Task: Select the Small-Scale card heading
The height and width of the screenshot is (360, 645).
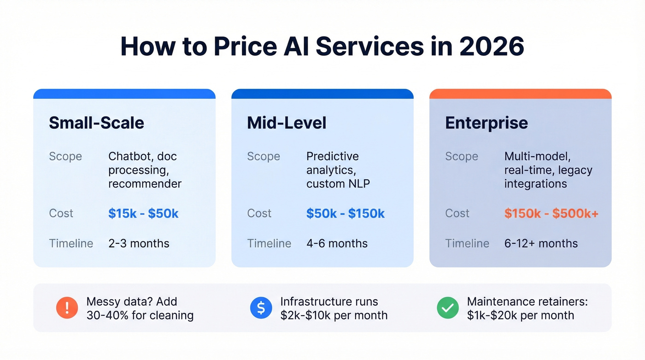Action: click(96, 123)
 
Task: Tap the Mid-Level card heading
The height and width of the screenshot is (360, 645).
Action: click(287, 123)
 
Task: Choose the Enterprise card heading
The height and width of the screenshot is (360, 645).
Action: click(487, 123)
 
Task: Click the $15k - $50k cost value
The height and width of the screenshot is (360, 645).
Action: click(143, 213)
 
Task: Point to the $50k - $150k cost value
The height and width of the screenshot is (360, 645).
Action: click(345, 213)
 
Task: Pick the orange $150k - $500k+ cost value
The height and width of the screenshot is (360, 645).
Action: click(551, 213)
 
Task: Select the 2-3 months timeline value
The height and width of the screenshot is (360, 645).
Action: click(139, 243)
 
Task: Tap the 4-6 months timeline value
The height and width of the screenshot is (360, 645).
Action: click(337, 243)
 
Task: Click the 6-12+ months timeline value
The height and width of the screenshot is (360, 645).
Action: click(541, 243)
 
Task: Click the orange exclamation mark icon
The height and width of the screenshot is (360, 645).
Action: click(67, 308)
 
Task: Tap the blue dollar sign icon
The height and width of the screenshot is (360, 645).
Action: click(261, 308)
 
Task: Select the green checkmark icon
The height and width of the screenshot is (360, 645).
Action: click(448, 308)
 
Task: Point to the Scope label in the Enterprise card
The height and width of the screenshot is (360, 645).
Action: click(462, 156)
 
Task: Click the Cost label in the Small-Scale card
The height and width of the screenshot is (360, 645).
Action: click(61, 213)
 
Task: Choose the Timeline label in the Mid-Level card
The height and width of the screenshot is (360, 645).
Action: click(269, 243)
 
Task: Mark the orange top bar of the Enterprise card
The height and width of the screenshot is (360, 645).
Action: click(520, 94)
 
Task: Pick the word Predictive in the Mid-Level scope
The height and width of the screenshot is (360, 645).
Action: click(332, 156)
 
